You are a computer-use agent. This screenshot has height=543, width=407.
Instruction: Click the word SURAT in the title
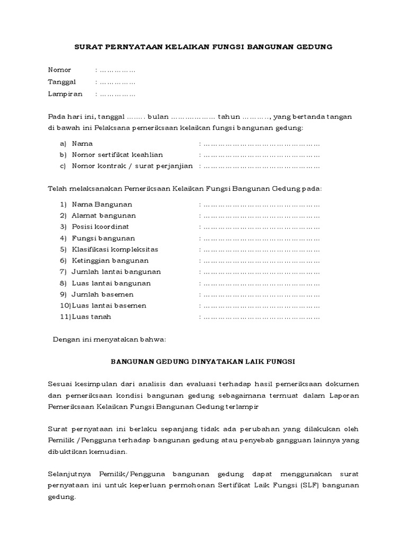point(88,47)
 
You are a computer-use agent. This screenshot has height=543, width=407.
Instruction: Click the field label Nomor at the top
point(59,70)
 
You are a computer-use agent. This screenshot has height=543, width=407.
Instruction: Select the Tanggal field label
point(62,82)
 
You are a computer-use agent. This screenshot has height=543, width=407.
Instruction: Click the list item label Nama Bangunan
point(102,204)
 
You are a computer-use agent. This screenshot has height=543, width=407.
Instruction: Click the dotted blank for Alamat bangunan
point(262,216)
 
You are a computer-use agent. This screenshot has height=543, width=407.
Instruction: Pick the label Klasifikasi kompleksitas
point(115,249)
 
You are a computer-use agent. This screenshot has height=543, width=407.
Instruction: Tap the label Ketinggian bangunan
point(110,260)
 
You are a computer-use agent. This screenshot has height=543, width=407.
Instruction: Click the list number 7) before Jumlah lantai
point(63,271)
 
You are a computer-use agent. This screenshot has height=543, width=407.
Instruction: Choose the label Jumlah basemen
point(103,294)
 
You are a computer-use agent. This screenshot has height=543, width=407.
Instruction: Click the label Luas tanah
point(92,317)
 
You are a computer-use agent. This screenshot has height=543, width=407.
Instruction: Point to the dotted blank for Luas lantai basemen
point(262,305)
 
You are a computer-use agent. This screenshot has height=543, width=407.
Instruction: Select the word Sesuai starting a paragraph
point(60,383)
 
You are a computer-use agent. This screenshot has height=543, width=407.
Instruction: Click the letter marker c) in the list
point(63,166)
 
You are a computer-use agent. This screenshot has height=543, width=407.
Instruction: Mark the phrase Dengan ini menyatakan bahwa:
point(110,339)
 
